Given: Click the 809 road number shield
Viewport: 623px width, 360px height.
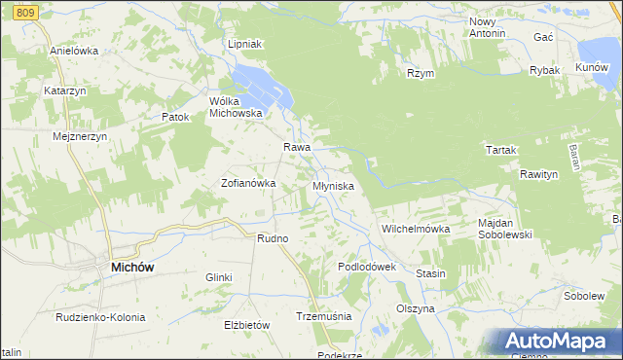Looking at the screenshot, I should tap(26, 10).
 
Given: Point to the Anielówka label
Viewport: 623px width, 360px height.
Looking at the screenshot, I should tap(74, 51).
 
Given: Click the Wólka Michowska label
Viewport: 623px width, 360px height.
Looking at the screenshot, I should tap(237, 106).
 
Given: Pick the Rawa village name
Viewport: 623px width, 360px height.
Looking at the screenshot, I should tap(296, 147).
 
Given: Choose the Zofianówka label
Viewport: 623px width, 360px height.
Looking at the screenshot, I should tap(249, 182).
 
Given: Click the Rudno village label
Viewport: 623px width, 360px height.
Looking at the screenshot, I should tap(273, 238).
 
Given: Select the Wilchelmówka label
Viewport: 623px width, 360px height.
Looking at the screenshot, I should tap(415, 229).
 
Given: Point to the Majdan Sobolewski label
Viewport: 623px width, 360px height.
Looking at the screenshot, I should tap(508, 228).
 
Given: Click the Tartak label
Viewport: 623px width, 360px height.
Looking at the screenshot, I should tap(500, 150).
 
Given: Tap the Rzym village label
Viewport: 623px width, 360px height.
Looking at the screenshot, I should tap(421, 73).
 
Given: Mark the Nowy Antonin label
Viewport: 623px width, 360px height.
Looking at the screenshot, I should tap(488, 27).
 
